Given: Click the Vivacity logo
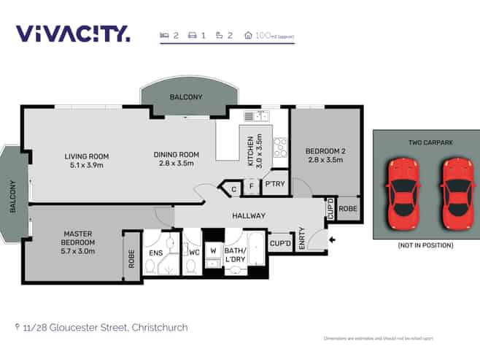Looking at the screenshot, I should click(x=73, y=34).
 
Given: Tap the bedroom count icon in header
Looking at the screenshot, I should click(x=164, y=34).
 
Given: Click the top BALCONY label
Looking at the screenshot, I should click(x=186, y=97).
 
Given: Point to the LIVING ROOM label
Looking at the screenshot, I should click(x=86, y=156).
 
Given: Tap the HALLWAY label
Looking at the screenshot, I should click(x=248, y=215).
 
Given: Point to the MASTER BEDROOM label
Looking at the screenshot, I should click(x=79, y=238).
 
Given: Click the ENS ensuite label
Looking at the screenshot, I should click(x=156, y=253).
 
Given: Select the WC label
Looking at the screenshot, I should click(x=194, y=253).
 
